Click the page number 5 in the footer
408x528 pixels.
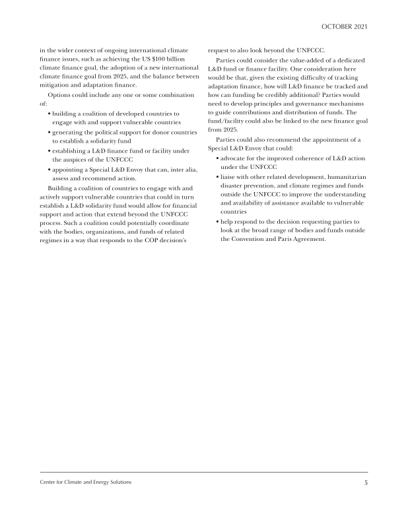(365, 482)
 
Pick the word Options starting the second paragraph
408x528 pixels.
(53, 95)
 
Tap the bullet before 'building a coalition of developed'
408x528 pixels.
(50, 114)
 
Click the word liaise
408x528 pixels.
(230, 177)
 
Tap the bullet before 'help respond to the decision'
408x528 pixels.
(218, 223)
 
